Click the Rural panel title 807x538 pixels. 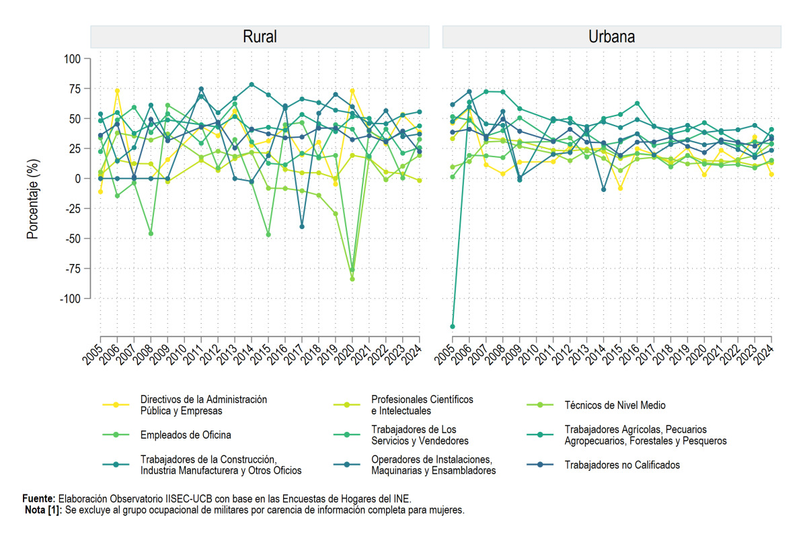[x=260, y=37]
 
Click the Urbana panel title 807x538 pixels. [x=611, y=37]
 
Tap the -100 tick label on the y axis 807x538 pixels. [x=70, y=299]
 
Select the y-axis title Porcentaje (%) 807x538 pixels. [x=32, y=199]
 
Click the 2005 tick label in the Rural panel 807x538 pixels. [x=92, y=355]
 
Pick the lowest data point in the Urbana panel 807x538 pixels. [x=453, y=326]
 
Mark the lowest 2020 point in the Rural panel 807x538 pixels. [x=352, y=279]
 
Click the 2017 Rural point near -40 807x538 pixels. [x=302, y=227]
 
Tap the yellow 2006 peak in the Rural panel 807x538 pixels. [x=117, y=91]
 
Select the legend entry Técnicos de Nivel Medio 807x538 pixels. [x=615, y=405]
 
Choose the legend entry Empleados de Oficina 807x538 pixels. [x=186, y=435]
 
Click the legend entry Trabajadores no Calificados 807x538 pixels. [x=622, y=465]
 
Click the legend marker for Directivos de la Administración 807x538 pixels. [x=116, y=405]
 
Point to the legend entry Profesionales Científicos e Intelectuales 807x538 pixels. [x=422, y=405]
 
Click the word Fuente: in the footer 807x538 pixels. [x=39, y=499]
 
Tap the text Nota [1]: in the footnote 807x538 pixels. [x=44, y=510]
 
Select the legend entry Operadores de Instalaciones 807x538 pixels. [x=433, y=465]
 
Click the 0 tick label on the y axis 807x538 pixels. [x=78, y=179]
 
